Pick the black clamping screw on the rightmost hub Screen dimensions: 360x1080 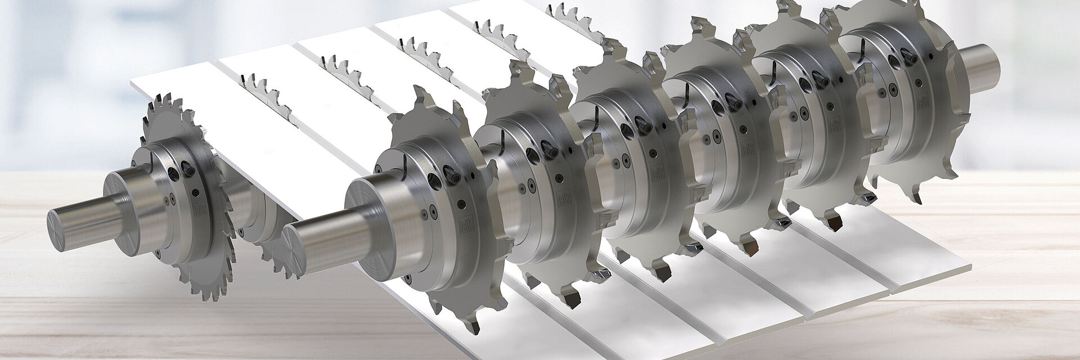[907, 55]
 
